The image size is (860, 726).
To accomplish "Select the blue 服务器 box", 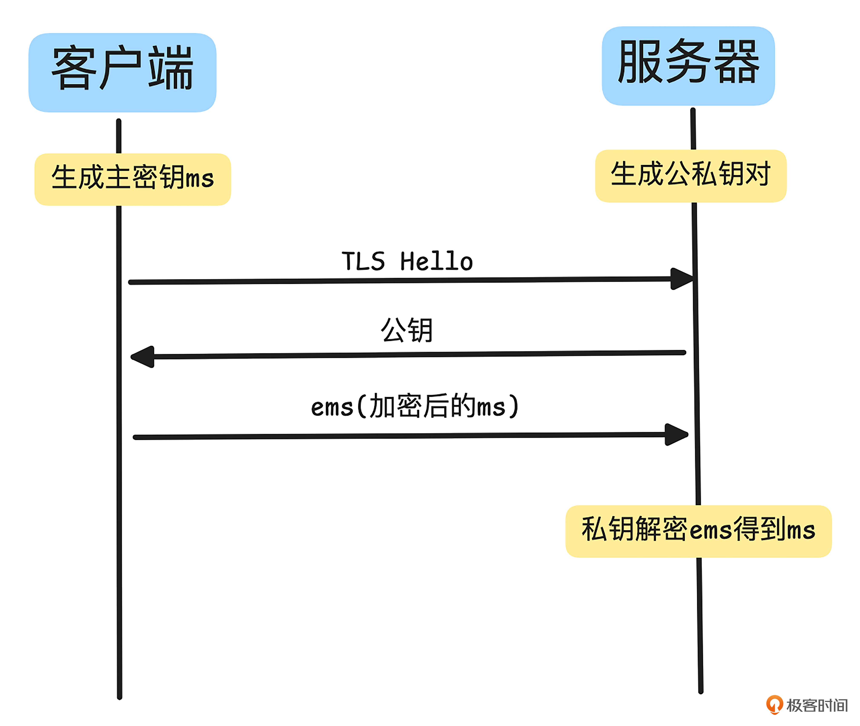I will (688, 66).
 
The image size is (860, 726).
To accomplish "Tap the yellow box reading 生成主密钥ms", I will (132, 179).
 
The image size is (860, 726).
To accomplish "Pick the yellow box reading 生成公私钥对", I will (691, 176).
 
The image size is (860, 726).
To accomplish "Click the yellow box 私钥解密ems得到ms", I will (698, 531).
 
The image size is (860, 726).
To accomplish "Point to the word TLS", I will (363, 261).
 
